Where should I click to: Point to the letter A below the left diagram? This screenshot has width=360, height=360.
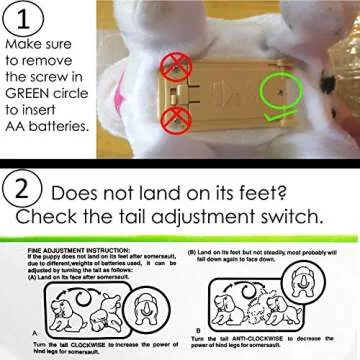pyautogui.click(x=35, y=329)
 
